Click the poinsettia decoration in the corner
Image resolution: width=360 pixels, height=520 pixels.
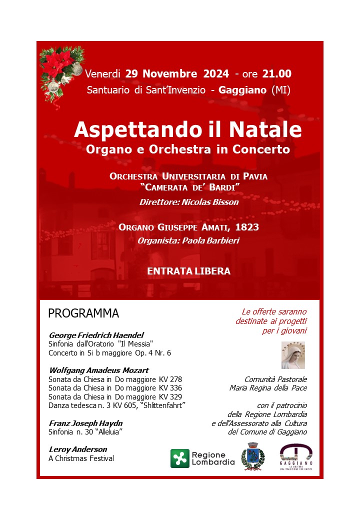pyautogui.click(x=61, y=70)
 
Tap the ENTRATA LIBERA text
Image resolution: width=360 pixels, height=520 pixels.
pyautogui.click(x=188, y=271)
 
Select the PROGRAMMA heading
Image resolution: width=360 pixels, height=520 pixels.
pyautogui.click(x=83, y=313)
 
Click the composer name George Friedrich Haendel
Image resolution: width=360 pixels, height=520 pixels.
pyautogui.click(x=96, y=335)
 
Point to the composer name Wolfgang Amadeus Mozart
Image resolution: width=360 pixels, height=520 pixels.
pyautogui.click(x=98, y=370)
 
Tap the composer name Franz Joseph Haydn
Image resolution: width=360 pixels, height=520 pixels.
pyautogui.click(x=85, y=423)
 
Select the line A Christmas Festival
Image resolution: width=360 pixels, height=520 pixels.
pyautogui.click(x=81, y=458)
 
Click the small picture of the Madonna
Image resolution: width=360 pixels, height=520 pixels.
pyautogui.click(x=293, y=355)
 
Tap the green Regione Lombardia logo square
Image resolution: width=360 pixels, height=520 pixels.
pyautogui.click(x=180, y=458)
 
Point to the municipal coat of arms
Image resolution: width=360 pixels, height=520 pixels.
pyautogui.click(x=252, y=456)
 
